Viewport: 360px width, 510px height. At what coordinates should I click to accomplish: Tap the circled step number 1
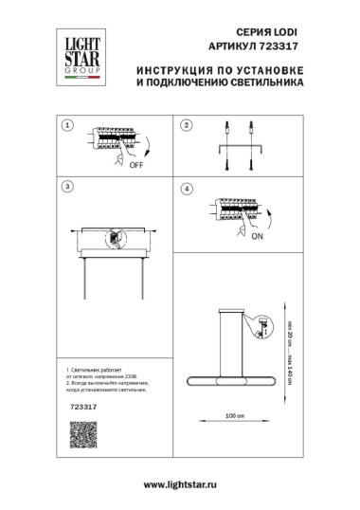(66, 125)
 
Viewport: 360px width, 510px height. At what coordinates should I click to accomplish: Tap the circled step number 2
(187, 125)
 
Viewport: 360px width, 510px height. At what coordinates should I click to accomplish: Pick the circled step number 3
(66, 186)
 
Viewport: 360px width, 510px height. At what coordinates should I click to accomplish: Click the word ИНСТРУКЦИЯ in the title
(172, 69)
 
